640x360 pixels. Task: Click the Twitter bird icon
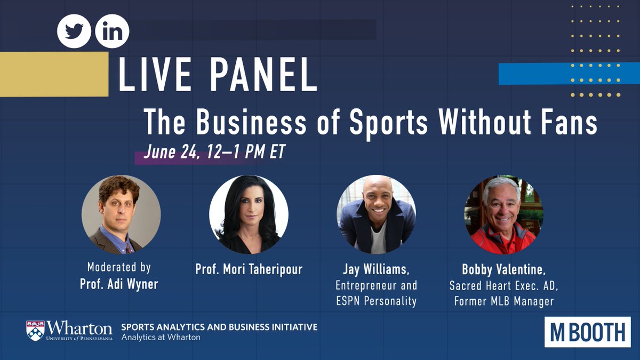pyautogui.click(x=74, y=31)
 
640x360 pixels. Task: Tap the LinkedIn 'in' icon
pyautogui.click(x=112, y=31)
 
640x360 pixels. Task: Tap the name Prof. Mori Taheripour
pyautogui.click(x=249, y=270)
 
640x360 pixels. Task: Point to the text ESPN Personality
pyautogui.click(x=376, y=301)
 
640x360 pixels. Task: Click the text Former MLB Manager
pyautogui.click(x=504, y=301)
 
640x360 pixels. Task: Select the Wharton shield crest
pyautogui.click(x=35, y=331)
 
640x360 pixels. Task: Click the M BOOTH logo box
pyautogui.click(x=587, y=332)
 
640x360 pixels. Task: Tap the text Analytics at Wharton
pyautogui.click(x=161, y=337)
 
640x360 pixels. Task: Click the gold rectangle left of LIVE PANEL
pyautogui.click(x=54, y=74)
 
